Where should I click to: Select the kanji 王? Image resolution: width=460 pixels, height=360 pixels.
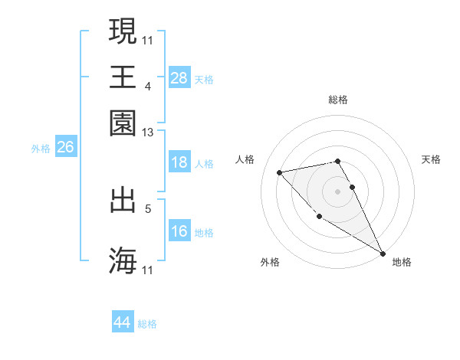[123, 77]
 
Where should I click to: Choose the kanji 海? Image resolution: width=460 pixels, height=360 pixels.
[123, 260]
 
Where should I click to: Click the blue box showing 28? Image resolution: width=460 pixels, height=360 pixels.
[179, 77]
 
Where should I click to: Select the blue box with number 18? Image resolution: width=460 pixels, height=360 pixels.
[179, 162]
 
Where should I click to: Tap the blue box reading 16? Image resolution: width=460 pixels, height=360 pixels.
[179, 231]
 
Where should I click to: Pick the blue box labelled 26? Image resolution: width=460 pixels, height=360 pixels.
[65, 148]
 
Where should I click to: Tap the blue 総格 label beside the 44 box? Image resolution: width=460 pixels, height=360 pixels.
[147, 325]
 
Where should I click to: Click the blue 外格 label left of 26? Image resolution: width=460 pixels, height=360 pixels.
[40, 149]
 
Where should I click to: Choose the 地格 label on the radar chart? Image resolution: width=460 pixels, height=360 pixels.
[402, 262]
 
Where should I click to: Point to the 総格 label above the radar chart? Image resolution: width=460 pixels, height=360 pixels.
[337, 100]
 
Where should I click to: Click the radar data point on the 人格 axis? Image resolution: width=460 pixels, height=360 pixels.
[280, 172]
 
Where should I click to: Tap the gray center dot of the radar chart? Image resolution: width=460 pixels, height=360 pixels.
[337, 190]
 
